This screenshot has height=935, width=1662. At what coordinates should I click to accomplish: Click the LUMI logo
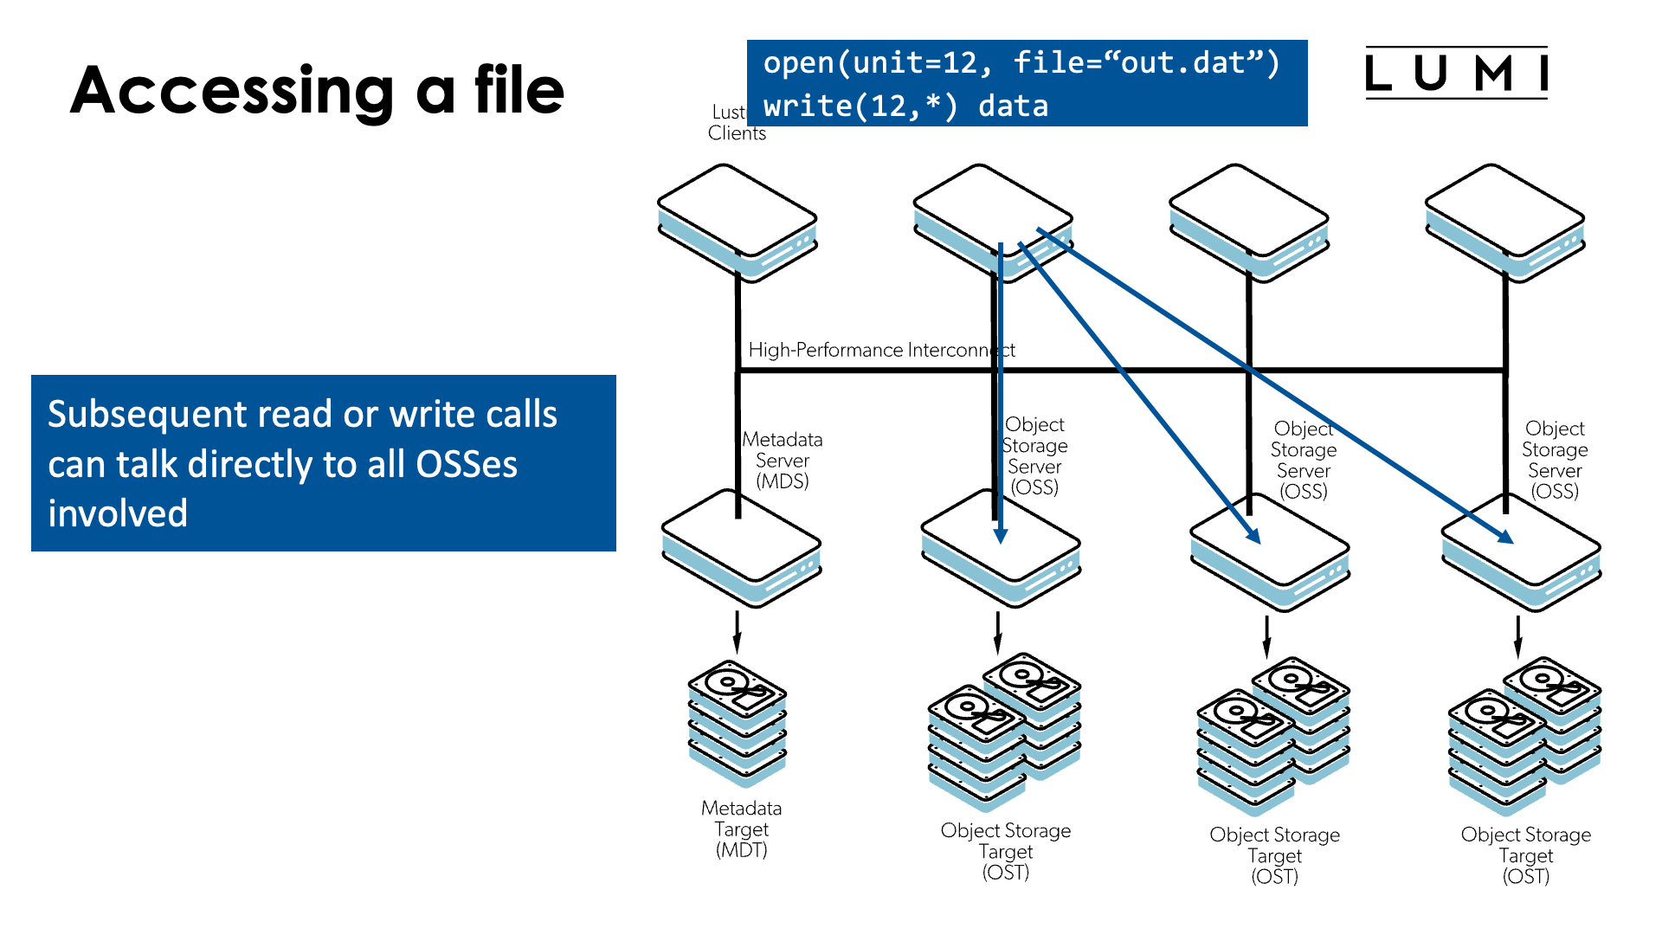point(1456,73)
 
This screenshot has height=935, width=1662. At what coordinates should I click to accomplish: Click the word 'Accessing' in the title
point(232,92)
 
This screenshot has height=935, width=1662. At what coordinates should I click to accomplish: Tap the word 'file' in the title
point(519,90)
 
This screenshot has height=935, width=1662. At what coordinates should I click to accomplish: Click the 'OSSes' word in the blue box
point(467,465)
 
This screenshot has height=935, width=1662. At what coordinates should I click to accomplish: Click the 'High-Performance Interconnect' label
point(880,350)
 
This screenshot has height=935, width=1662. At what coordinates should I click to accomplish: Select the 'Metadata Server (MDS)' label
point(783,461)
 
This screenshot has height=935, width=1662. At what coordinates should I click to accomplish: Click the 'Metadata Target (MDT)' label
point(742,829)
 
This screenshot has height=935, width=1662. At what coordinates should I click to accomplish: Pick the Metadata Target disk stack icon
point(738,723)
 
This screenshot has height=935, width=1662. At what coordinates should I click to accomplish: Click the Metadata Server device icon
point(742,549)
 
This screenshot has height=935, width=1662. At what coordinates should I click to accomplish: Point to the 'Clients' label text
point(737,133)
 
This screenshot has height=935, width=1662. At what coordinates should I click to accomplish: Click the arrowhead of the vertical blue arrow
point(1001,536)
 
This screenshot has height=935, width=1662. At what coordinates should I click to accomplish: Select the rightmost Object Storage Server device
point(1521,554)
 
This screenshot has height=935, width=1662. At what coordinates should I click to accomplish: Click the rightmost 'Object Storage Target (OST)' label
point(1526,855)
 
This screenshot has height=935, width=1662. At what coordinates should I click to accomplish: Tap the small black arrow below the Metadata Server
point(738,633)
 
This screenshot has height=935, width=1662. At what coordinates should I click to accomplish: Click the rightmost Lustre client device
point(1504,220)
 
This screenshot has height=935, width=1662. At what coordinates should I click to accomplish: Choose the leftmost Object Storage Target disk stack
point(1004,732)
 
